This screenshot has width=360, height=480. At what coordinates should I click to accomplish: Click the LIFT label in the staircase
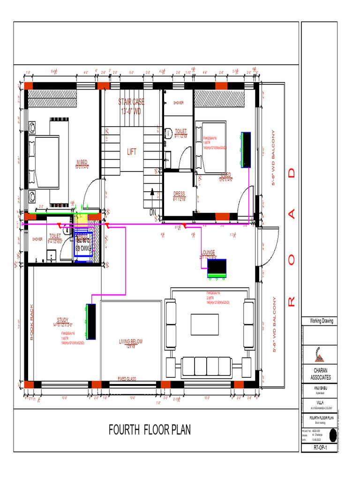pos(131,152)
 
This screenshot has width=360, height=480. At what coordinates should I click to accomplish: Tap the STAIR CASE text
pos(131,102)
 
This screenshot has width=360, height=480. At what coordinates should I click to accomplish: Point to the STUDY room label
pos(63,320)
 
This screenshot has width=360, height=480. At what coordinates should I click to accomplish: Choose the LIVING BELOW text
pos(131,342)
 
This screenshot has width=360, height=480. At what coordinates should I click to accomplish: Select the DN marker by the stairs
pos(153,212)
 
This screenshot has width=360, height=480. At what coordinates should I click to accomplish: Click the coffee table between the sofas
pos(205,324)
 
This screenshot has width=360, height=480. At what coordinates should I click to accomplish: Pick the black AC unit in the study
pos(91,321)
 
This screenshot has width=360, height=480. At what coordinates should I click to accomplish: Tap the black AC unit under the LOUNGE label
pos(217,268)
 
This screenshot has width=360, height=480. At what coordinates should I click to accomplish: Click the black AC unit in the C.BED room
pos(246,150)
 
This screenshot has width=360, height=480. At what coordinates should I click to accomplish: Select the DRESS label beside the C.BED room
pos(179,193)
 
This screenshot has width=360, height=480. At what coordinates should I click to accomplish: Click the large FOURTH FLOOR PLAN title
pos(150,429)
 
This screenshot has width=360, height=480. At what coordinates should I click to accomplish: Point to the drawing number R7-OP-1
pos(318,448)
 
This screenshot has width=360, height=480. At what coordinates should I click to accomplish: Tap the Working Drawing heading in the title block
pos(318,321)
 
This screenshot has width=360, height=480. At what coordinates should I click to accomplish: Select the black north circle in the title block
pos(332,435)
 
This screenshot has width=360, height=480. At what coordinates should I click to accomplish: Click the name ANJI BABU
pos(318,389)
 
